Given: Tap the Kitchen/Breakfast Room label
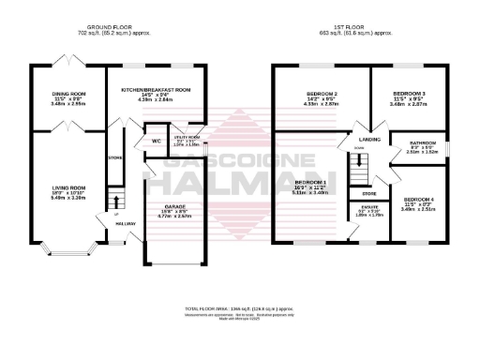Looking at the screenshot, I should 157,90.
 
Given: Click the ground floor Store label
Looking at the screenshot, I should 116,157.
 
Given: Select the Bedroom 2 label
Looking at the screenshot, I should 322,95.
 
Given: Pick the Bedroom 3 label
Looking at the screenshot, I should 409,94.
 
